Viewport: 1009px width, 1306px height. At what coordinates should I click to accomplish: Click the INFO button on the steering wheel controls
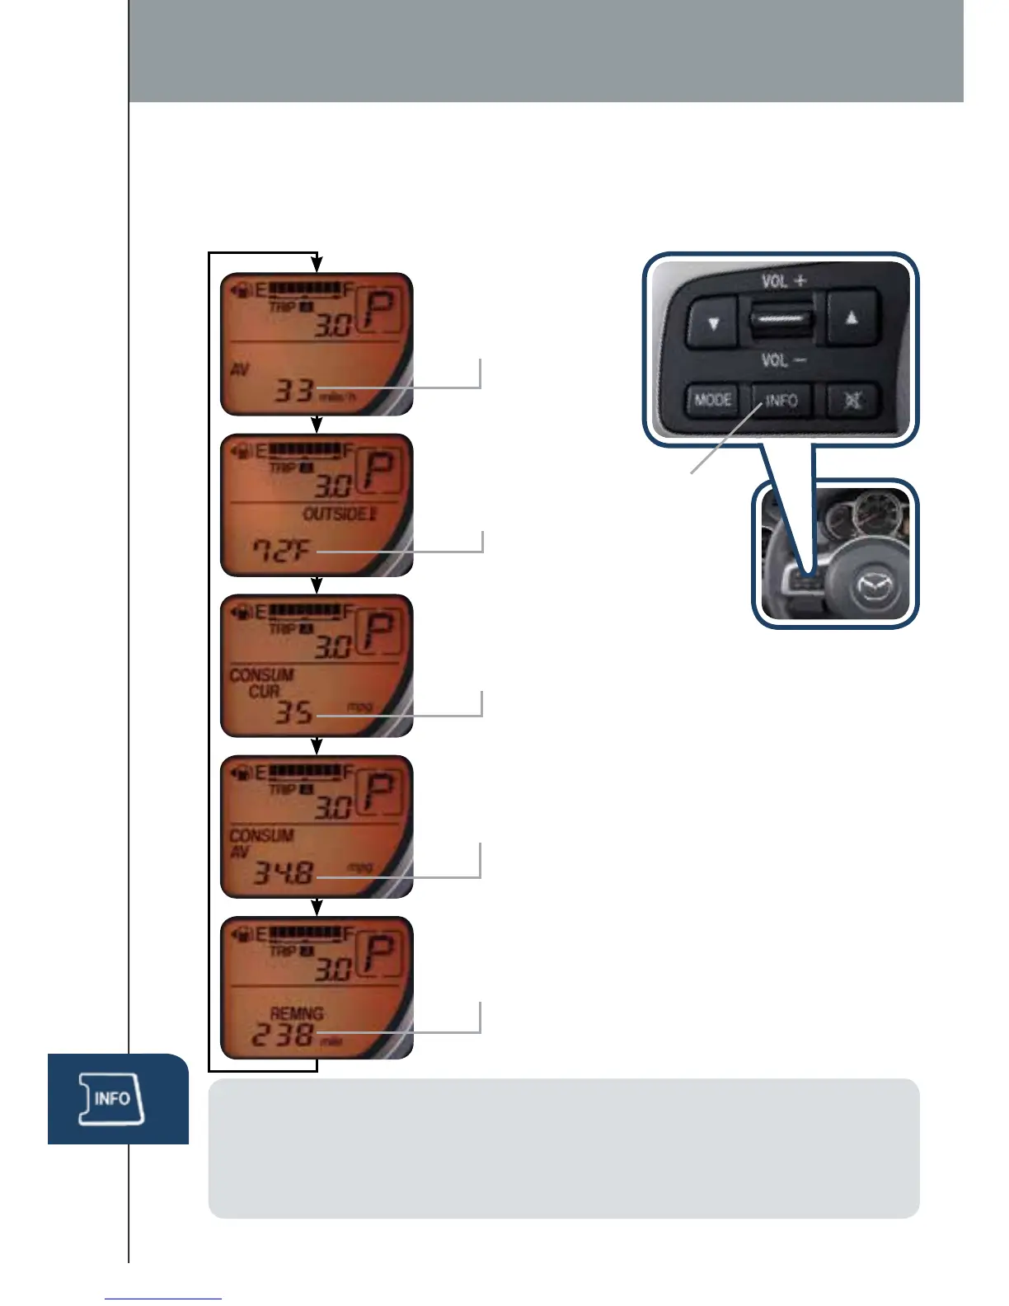click(x=781, y=402)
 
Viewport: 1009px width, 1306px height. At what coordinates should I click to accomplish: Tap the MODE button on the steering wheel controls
click(x=713, y=401)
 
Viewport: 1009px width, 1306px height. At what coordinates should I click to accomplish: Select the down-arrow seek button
click(x=714, y=322)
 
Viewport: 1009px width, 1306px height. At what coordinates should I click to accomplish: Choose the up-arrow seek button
click(x=852, y=317)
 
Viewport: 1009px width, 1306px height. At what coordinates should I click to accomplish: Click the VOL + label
click(x=784, y=281)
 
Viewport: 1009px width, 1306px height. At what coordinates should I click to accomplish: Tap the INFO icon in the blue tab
click(x=111, y=1099)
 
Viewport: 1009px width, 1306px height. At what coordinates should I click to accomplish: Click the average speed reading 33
click(x=293, y=390)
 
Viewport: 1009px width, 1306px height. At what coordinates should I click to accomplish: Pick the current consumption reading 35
click(x=293, y=712)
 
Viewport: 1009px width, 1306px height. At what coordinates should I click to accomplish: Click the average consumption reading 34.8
click(x=283, y=871)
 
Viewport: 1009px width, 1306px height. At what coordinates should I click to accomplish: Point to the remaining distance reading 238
click(x=282, y=1035)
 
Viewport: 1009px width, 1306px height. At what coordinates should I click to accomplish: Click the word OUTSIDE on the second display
click(x=335, y=514)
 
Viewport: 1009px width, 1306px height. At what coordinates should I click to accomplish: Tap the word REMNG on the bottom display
click(x=297, y=1013)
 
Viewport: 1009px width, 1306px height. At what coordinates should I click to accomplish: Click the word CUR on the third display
click(x=264, y=691)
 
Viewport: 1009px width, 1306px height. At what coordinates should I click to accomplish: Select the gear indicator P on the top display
click(x=380, y=311)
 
